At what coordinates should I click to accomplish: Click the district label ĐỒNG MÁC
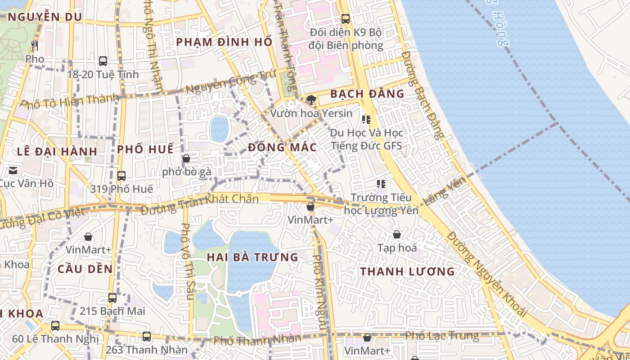282,148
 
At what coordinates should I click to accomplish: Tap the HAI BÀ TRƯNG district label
252,257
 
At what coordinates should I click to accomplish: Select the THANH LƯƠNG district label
408,272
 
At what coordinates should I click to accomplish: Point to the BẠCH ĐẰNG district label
367,94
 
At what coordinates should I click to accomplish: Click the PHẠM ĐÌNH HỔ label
224,42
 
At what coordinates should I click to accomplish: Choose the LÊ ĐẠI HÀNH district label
57,151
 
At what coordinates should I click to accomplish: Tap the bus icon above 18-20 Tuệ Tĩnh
103,61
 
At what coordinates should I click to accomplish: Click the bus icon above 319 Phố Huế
121,175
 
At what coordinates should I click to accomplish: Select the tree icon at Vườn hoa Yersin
310,100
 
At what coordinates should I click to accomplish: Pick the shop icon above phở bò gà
186,158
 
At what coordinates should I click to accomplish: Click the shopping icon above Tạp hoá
397,234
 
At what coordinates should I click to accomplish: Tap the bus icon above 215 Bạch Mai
112,297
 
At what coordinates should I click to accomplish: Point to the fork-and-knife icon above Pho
35,45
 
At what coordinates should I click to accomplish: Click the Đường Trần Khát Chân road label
200,199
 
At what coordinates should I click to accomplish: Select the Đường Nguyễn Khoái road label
487,274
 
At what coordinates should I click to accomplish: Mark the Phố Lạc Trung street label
442,336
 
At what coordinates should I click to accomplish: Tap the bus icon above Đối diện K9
346,19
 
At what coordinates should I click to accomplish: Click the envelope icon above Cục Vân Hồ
13,170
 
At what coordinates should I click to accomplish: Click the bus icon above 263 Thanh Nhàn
146,336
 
